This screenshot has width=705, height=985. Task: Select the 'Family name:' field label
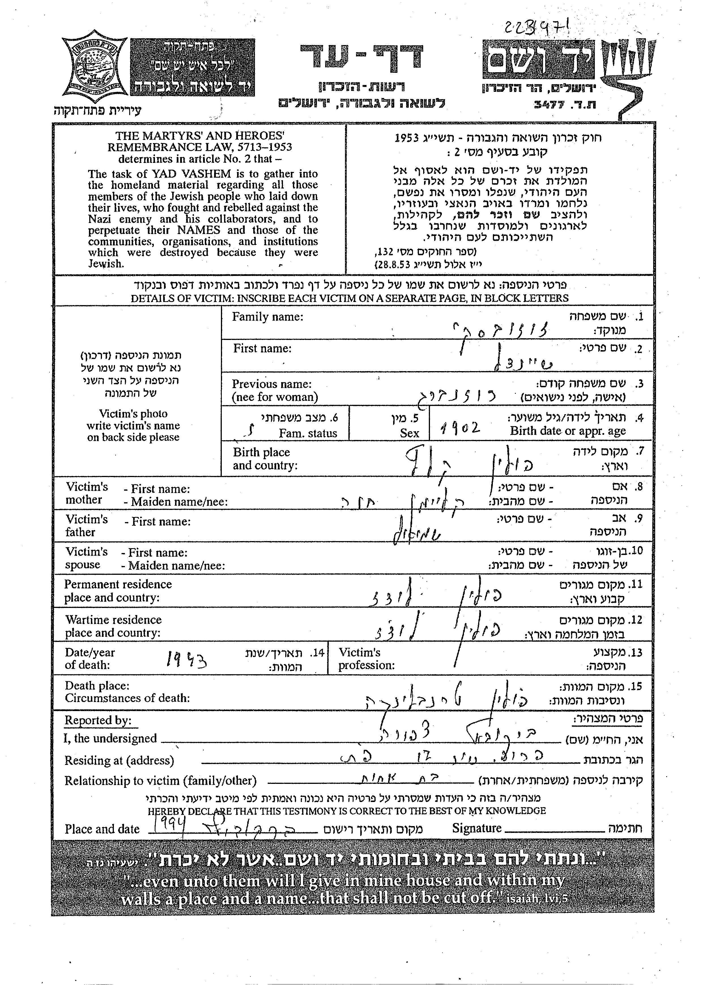pos(267,317)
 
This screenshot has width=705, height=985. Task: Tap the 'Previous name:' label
pos(272,384)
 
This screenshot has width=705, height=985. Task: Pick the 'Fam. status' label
pos(308,433)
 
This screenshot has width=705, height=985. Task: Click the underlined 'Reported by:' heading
pos(98,720)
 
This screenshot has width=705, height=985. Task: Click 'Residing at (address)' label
pos(119,761)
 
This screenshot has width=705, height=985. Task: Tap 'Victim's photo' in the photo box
pos(133,413)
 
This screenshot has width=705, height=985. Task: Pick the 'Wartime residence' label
pos(113,620)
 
